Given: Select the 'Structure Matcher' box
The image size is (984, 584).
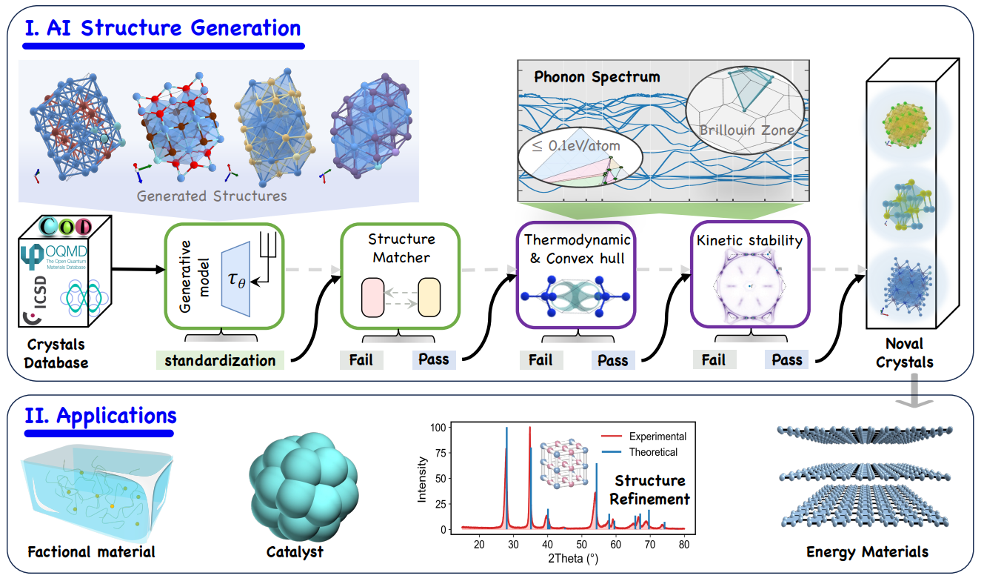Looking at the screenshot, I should click(x=401, y=274).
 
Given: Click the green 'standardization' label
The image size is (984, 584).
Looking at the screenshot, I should click(x=220, y=361).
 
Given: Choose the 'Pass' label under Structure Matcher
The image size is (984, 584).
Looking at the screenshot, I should click(x=433, y=359).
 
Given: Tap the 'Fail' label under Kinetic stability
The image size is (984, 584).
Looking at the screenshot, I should click(x=714, y=359).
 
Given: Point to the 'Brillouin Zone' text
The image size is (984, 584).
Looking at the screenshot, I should click(x=747, y=130).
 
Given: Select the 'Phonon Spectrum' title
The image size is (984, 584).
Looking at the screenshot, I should click(x=597, y=76).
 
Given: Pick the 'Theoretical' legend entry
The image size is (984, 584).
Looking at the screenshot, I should click(x=653, y=451).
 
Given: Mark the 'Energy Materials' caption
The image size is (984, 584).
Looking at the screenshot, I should click(x=866, y=551).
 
